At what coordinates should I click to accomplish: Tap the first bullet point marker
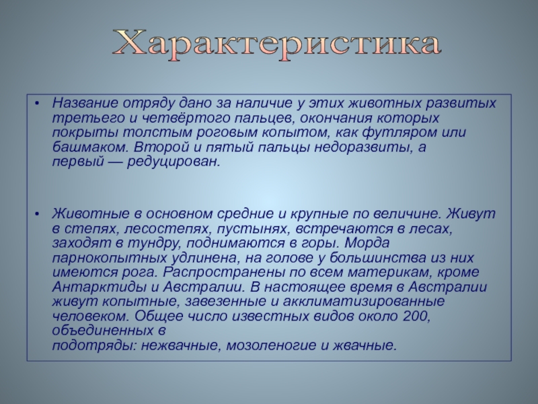pyautogui.click(x=38, y=103)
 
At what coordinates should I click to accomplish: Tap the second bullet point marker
pyautogui.click(x=38, y=213)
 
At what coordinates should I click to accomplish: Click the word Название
pyautogui.click(x=85, y=103)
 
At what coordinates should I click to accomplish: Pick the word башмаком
pyautogui.click(x=90, y=147)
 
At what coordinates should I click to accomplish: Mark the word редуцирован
pyautogui.click(x=174, y=162)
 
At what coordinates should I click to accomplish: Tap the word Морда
pyautogui.click(x=367, y=243)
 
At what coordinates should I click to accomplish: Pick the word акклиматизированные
pyautogui.click(x=364, y=302)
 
